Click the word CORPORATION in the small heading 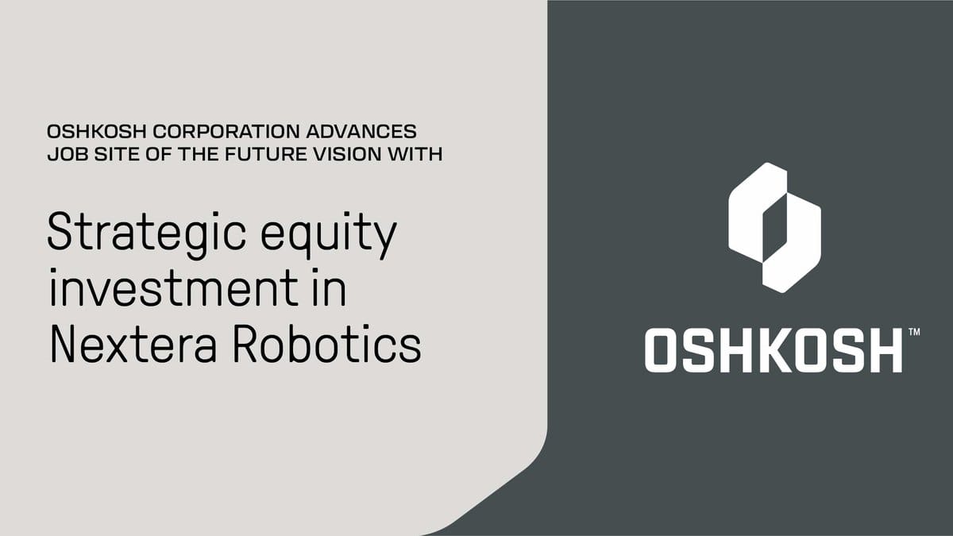(x=226, y=132)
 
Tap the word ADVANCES (x=361, y=132)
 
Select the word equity (x=329, y=235)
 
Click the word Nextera (x=133, y=344)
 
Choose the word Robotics (x=326, y=343)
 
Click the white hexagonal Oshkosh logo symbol (x=775, y=228)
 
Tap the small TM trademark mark (x=914, y=332)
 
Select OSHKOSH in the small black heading (x=97, y=132)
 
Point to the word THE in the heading (x=198, y=154)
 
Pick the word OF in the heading (x=158, y=154)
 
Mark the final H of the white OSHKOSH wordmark (x=884, y=350)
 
